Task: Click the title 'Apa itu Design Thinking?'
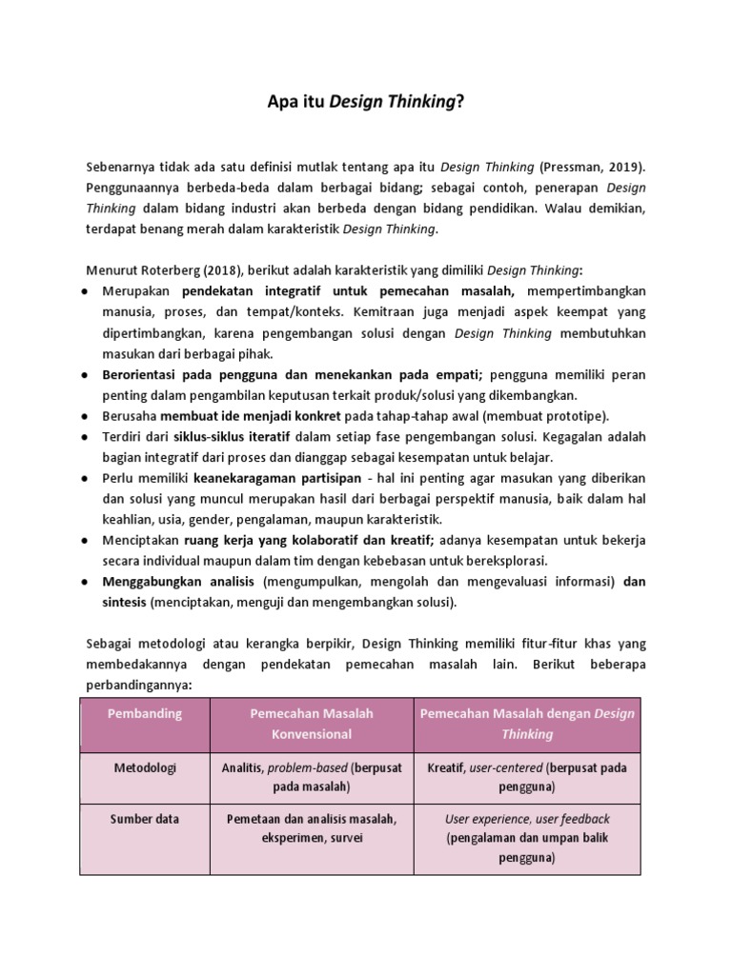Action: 366,103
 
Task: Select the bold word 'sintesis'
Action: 124,603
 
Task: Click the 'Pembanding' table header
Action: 146,714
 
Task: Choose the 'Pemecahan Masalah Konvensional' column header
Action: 312,724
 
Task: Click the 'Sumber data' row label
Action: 145,819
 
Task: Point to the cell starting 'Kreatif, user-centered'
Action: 526,777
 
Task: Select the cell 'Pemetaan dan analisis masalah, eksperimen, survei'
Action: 312,828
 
